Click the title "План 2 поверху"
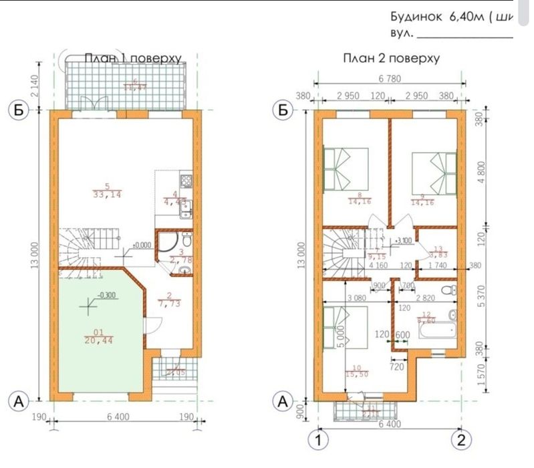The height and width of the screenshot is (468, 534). (x=391, y=58)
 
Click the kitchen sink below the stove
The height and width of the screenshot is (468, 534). (x=187, y=207)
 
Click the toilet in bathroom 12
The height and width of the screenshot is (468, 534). (x=454, y=291)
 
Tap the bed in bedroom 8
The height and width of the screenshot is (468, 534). (x=346, y=168)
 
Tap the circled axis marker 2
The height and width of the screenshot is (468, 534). (x=460, y=441)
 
